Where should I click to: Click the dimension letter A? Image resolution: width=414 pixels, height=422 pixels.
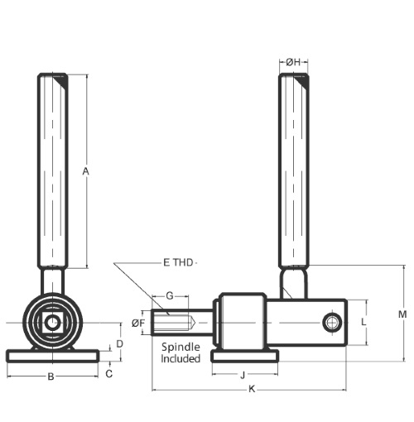[x=86, y=171]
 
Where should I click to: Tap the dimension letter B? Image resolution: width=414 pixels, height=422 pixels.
[x=51, y=376]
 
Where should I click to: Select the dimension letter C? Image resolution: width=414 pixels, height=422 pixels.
[x=109, y=374]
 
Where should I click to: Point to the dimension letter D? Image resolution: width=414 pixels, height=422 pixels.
[x=119, y=344]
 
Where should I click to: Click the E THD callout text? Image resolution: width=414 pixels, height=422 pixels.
[x=178, y=262]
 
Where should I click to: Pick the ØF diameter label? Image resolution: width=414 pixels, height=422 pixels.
[x=138, y=323]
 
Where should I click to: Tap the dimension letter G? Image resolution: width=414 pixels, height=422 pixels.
[x=170, y=296]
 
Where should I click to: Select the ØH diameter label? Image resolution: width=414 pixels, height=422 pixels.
[x=293, y=62]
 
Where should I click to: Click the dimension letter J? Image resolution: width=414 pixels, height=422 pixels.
[x=243, y=376]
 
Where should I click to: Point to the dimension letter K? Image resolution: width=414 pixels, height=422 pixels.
[x=252, y=389]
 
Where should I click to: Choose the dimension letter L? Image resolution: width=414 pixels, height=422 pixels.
[x=363, y=322]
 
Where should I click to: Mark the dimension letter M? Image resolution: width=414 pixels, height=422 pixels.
[x=402, y=314]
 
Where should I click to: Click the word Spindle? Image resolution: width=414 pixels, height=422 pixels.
[x=181, y=348]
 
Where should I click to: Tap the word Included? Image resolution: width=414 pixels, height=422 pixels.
[x=181, y=359]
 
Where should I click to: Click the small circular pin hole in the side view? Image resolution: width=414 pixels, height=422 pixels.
[x=332, y=323]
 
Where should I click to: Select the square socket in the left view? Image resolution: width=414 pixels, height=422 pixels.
[x=52, y=323]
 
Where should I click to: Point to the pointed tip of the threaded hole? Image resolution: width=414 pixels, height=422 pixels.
[x=195, y=323]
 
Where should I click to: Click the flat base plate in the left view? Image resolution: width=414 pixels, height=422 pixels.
[x=52, y=356]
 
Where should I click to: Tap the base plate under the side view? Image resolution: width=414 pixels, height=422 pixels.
[x=245, y=356]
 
